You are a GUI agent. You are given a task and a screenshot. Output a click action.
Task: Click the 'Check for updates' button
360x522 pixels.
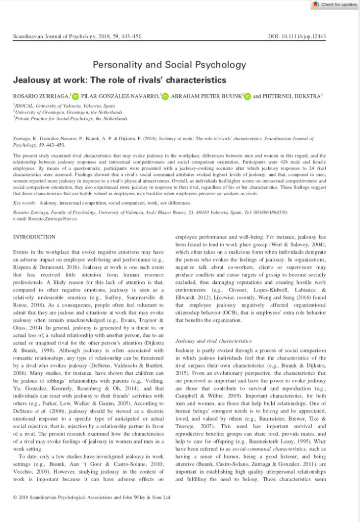coord(335,4)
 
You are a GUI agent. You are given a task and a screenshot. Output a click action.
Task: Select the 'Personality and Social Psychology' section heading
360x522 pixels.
coord(169,65)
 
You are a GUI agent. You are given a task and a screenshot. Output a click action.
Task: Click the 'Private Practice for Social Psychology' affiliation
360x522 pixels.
coord(71,118)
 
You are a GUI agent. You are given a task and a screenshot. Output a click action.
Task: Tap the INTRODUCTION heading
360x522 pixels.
coord(34,237)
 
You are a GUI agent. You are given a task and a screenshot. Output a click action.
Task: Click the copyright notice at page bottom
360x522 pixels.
coord(92,497)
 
